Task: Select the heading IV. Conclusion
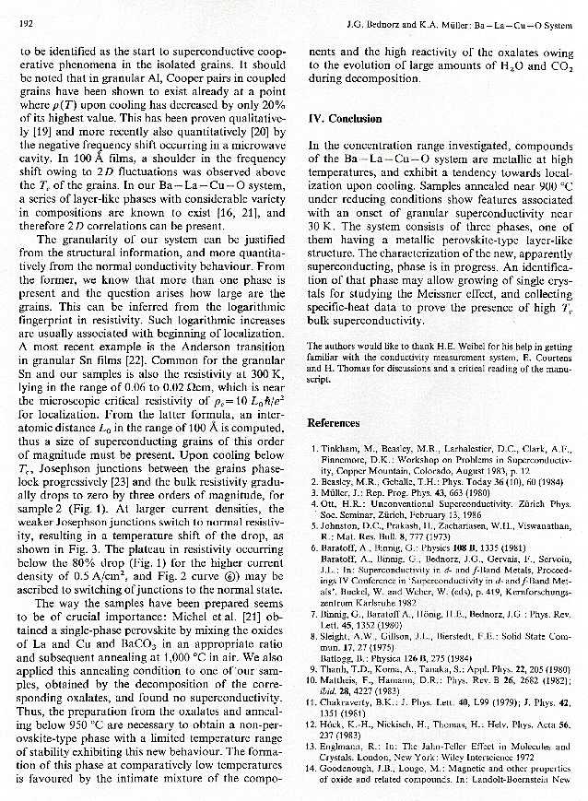345,119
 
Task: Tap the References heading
334,423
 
